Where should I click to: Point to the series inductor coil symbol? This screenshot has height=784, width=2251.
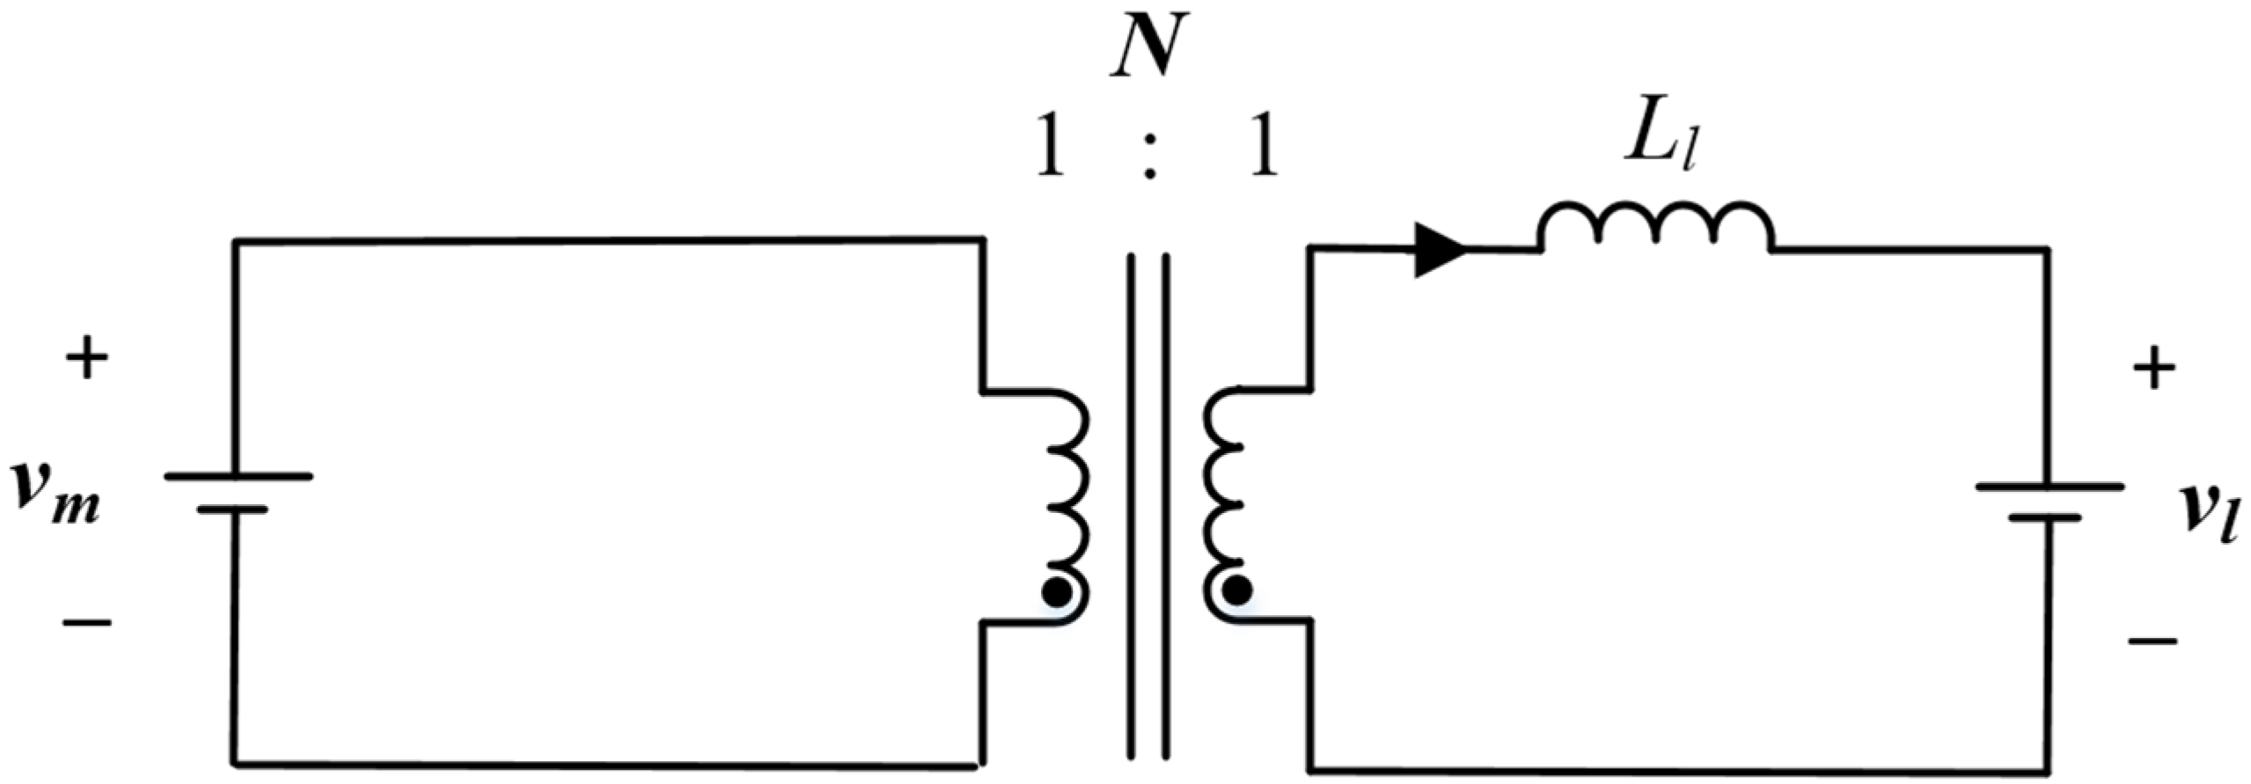(x=1655, y=226)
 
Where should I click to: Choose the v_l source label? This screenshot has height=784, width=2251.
(x=2209, y=515)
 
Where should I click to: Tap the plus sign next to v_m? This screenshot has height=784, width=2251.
(x=86, y=359)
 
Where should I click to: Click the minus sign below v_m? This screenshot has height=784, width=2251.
(x=86, y=623)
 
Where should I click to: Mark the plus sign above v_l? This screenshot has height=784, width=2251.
(x=2152, y=370)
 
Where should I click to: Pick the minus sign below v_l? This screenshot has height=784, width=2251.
(x=2152, y=641)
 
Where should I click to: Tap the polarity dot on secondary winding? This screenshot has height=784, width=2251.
(x=1236, y=590)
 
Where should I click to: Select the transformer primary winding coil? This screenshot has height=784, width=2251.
(x=1067, y=506)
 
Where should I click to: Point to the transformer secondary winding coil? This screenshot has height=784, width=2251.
(x=1225, y=506)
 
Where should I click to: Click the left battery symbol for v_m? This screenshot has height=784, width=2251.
(x=237, y=492)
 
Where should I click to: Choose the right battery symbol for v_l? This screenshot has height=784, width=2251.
(x=2049, y=501)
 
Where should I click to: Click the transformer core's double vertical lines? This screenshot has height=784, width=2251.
(x=1149, y=506)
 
